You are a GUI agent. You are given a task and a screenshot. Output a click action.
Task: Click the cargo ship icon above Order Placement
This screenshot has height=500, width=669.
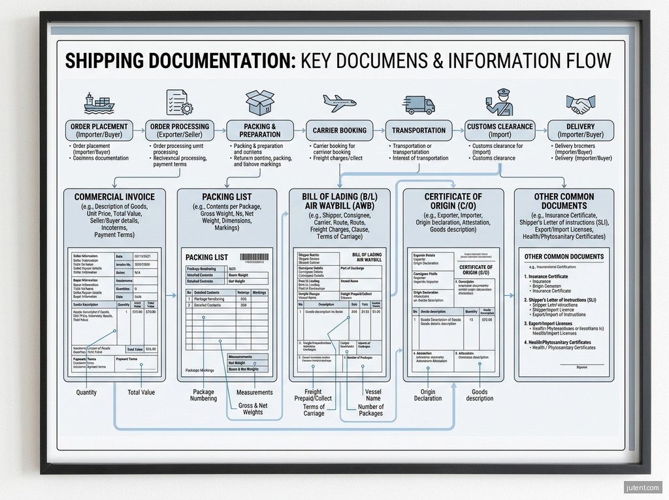click(98, 103)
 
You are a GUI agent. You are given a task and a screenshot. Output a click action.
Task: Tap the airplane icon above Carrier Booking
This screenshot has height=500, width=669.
click(339, 103)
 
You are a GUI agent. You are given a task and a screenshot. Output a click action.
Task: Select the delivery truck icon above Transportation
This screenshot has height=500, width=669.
click(419, 104)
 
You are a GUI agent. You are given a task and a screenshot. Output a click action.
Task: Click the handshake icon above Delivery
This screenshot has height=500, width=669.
click(580, 104)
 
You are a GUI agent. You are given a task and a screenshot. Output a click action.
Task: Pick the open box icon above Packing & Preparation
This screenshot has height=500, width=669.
click(259, 103)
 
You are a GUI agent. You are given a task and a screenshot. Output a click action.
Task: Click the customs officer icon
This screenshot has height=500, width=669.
click(499, 103)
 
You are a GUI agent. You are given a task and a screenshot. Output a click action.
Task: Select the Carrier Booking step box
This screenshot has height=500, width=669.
click(339, 130)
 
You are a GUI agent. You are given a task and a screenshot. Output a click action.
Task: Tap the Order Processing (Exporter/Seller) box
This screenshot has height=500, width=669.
click(180, 130)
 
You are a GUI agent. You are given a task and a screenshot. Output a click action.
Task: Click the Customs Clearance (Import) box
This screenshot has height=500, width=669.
click(500, 130)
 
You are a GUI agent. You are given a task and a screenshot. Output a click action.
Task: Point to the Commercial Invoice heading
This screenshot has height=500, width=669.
click(114, 197)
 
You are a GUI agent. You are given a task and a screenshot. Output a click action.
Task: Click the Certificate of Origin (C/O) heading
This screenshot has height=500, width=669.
click(453, 201)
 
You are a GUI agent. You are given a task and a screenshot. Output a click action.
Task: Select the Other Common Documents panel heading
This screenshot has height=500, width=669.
click(564, 201)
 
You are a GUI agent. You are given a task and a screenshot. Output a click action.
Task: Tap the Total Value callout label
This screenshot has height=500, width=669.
click(141, 393)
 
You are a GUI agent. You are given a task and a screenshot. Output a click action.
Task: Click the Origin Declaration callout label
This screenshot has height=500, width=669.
click(428, 395)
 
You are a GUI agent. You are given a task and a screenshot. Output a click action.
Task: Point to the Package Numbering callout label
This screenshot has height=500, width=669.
click(203, 395)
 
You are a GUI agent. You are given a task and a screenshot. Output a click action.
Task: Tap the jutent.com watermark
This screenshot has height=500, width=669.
click(643, 487)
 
